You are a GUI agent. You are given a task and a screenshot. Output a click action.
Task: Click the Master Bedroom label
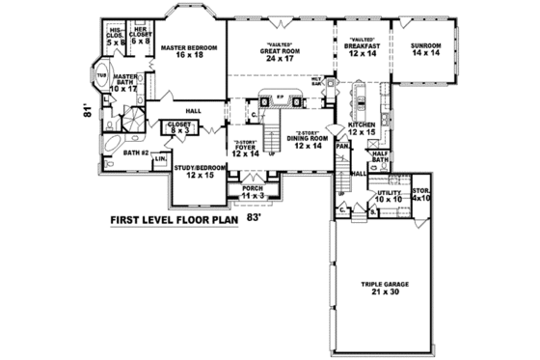[188, 51]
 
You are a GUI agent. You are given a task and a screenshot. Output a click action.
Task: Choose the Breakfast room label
[363, 49]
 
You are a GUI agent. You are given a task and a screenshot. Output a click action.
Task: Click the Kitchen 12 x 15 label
[361, 128]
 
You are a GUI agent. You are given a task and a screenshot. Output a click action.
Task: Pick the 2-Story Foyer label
[246, 148]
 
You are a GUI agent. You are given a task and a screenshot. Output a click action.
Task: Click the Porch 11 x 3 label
[255, 192]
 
